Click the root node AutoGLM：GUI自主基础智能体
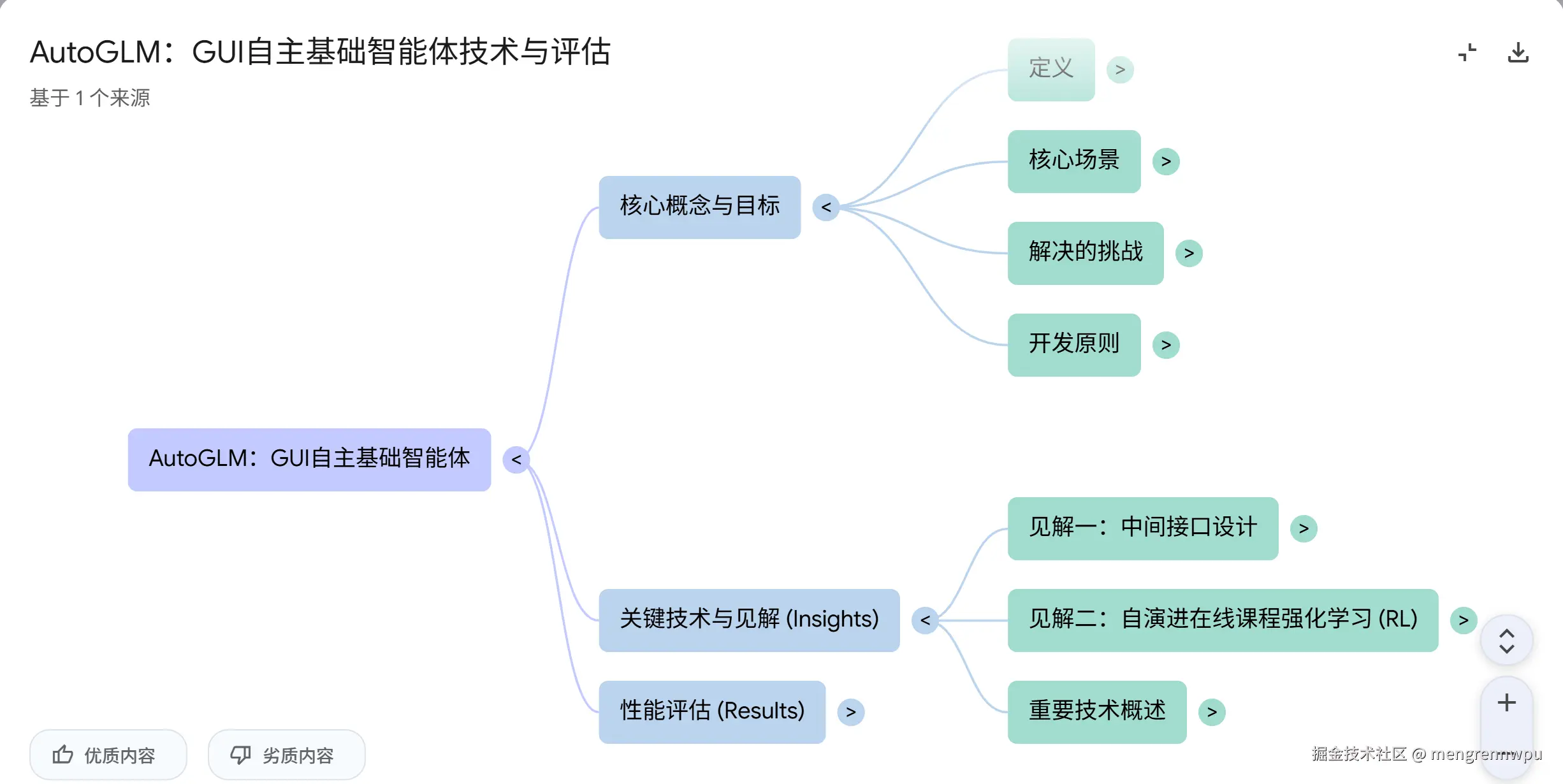click(309, 459)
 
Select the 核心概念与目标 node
click(699, 207)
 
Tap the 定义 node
click(1050, 69)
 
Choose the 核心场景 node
click(1073, 161)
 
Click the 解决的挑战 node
click(1085, 252)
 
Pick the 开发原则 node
click(1073, 344)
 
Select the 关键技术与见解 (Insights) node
click(749, 620)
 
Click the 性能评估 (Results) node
click(712, 711)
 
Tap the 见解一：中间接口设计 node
click(1142, 528)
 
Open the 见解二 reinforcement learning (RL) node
click(1223, 620)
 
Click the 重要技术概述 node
click(1096, 711)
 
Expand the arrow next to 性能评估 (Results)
click(851, 712)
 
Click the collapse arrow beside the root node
click(516, 460)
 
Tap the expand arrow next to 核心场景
click(1166, 161)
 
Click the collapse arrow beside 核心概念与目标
click(826, 207)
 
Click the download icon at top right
click(1518, 52)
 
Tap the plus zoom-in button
click(1506, 702)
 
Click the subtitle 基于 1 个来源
click(90, 98)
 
